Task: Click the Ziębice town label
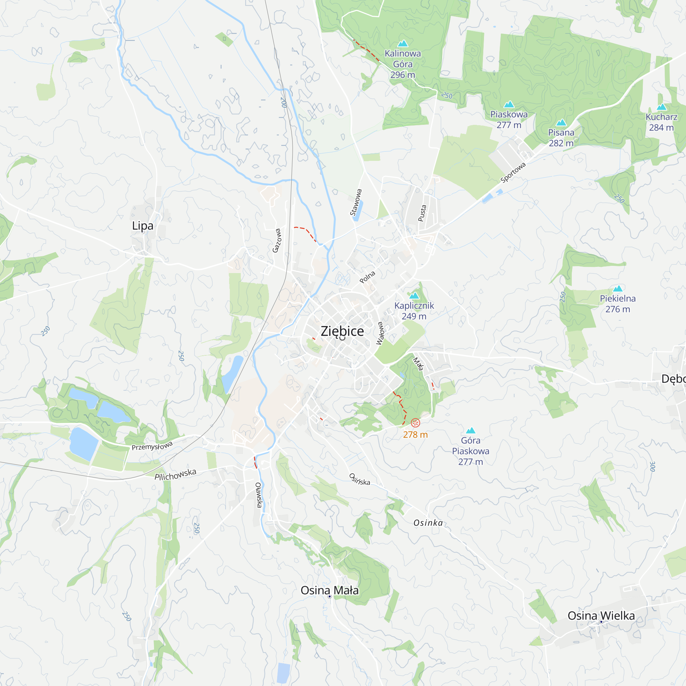coord(342,331)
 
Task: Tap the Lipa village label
coord(142,226)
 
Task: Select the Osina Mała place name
coord(330,591)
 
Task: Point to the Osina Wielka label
coord(601,616)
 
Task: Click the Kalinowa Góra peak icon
coord(403,44)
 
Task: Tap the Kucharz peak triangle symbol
coord(662,107)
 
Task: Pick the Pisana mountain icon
coord(561,122)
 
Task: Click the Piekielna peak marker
coord(618,288)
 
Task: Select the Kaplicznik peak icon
coord(414,295)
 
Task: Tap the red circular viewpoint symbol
coord(415,423)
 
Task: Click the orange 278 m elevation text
coord(415,435)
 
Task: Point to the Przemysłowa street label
coord(152,446)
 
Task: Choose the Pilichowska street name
coord(175,475)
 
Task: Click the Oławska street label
coord(259,495)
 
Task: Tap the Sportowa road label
coord(513,173)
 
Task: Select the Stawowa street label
coord(356,202)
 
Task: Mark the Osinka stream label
coord(428,523)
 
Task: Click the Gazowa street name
coord(276,240)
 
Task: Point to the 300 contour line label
coord(652,466)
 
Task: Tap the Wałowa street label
coord(380,333)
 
